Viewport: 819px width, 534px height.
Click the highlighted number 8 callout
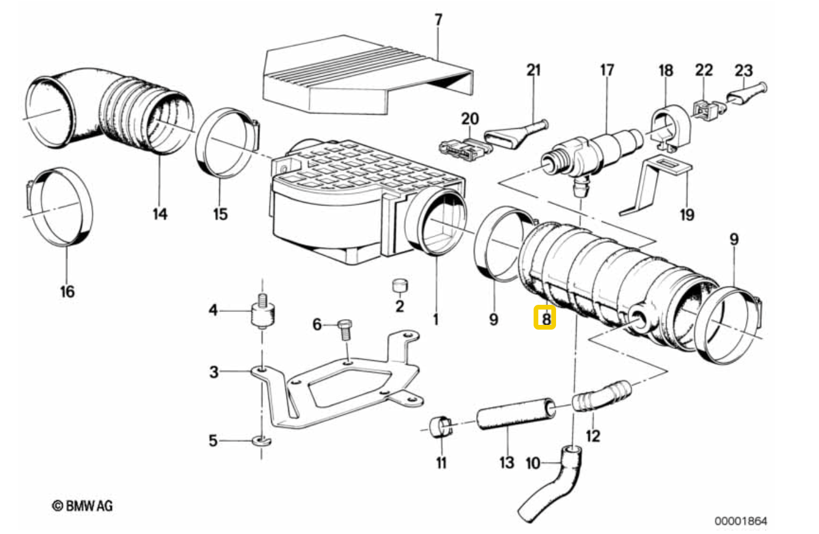pos(545,318)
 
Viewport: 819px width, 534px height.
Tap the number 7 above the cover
pos(438,19)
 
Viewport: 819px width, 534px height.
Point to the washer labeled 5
pos(261,441)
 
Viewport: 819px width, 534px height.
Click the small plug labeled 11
pos(440,426)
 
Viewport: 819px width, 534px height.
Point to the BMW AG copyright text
pos(82,506)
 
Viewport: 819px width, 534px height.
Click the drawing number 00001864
pos(740,520)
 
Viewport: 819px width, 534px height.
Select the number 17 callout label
pos(607,70)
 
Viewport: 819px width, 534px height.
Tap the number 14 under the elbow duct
pos(160,214)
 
